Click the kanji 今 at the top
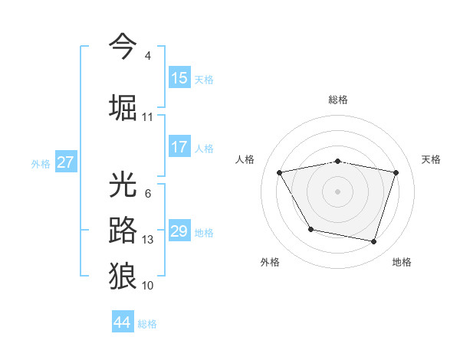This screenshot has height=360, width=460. tap(123, 47)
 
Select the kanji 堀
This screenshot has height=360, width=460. tap(123, 107)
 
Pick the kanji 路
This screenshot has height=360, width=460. tap(123, 230)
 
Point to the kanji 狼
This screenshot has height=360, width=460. tap(123, 275)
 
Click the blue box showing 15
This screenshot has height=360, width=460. tap(179, 77)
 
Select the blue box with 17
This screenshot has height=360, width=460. tap(179, 147)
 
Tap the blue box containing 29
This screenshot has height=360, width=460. tap(179, 231)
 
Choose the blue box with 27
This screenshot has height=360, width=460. tap(66, 162)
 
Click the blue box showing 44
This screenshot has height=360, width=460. tap(123, 322)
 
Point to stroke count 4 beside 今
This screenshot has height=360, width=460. tap(147, 56)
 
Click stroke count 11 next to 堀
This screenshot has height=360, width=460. tap(148, 117)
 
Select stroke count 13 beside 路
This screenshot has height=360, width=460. tap(148, 240)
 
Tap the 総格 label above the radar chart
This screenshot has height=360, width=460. tap(338, 100)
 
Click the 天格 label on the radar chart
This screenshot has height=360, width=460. tap(431, 159)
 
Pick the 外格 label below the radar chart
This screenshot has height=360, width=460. tap(270, 262)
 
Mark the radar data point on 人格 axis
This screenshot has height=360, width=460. tap(280, 172)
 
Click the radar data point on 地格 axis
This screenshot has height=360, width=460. tap(373, 242)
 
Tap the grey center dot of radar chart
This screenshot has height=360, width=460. tap(338, 191)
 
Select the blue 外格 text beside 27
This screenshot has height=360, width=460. tap(41, 163)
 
